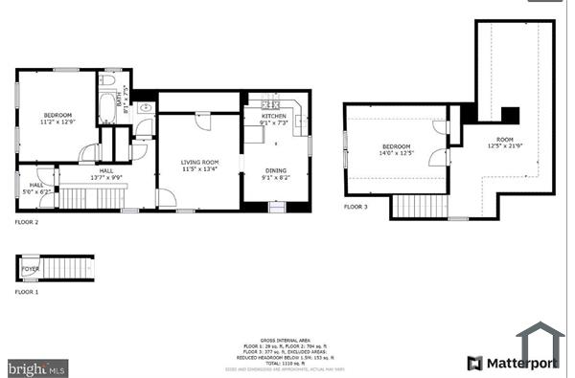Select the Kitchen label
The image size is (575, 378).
[x=274, y=119]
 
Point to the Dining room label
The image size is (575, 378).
[x=275, y=173]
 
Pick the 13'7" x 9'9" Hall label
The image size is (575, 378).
[x=107, y=173]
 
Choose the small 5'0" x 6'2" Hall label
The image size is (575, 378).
[x=36, y=188]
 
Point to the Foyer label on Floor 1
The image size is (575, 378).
[x=32, y=269]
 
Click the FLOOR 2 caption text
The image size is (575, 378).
[x=27, y=222]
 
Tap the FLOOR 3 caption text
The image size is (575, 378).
[x=356, y=207]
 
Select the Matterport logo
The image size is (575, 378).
[x=514, y=363]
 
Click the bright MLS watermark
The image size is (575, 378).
[x=36, y=367]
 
